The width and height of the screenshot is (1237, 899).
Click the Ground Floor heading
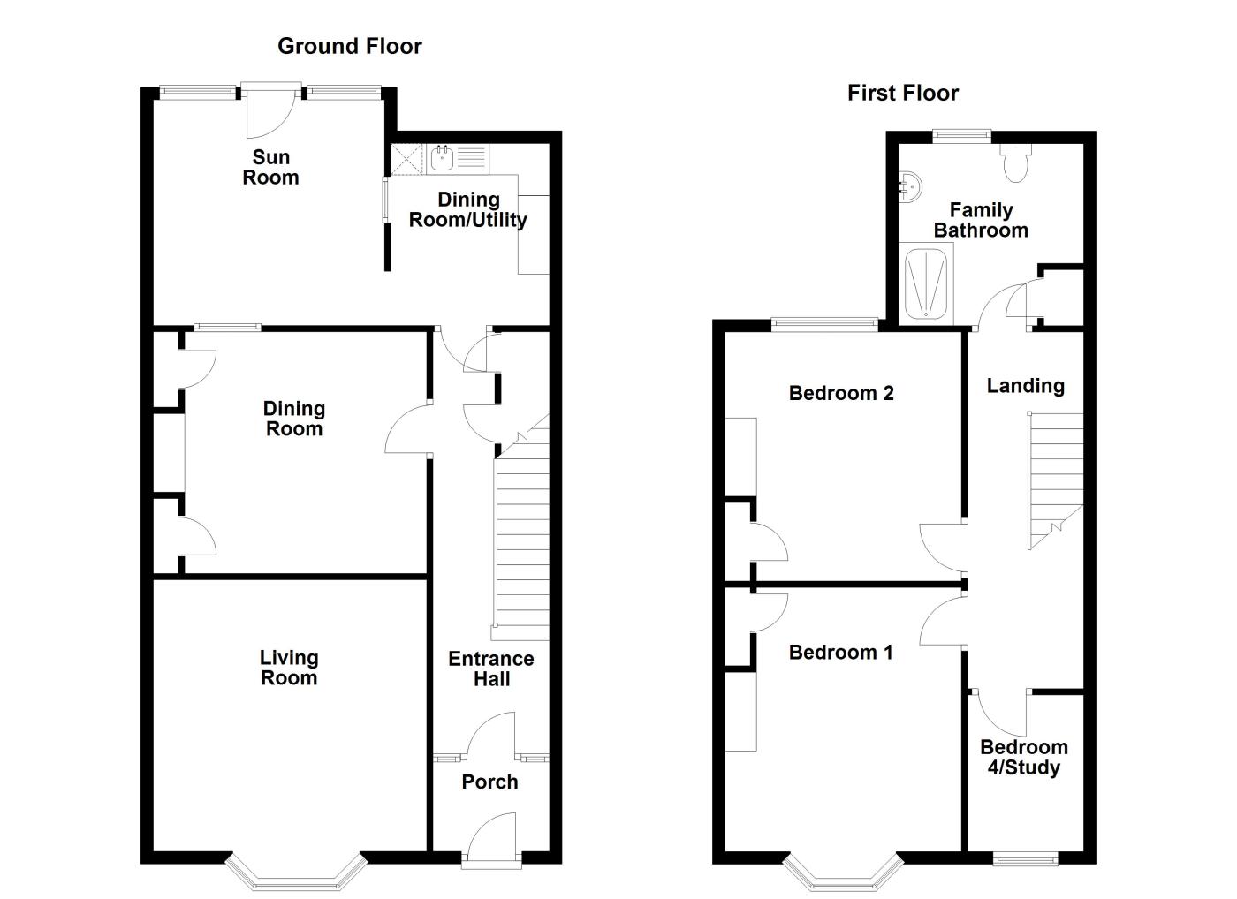[350, 46]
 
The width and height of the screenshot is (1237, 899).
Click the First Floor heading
[902, 93]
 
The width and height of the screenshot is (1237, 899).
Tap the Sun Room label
[270, 167]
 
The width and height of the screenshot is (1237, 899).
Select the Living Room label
[289, 668]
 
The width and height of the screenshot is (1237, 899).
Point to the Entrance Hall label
[491, 669]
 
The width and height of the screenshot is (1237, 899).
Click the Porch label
[489, 782]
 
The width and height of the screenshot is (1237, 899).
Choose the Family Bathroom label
[981, 220]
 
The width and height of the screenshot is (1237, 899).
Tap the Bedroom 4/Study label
[1023, 757]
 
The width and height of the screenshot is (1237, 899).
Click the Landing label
[1025, 386]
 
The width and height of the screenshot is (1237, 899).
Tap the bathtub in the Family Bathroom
[926, 284]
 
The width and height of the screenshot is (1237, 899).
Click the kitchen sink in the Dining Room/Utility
[442, 159]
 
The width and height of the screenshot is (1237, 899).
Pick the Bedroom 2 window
[824, 324]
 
